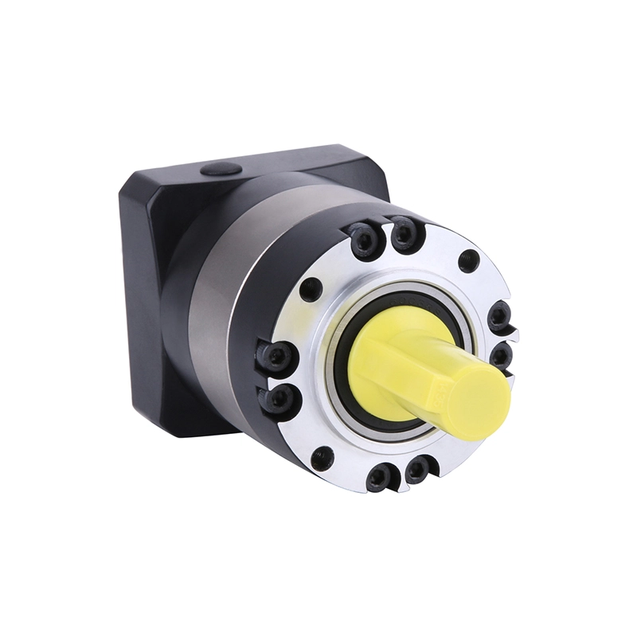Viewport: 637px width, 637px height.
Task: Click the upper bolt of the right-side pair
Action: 500,316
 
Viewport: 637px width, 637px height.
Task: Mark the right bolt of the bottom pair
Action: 416,471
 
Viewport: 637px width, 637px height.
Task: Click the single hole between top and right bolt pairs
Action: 469,261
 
